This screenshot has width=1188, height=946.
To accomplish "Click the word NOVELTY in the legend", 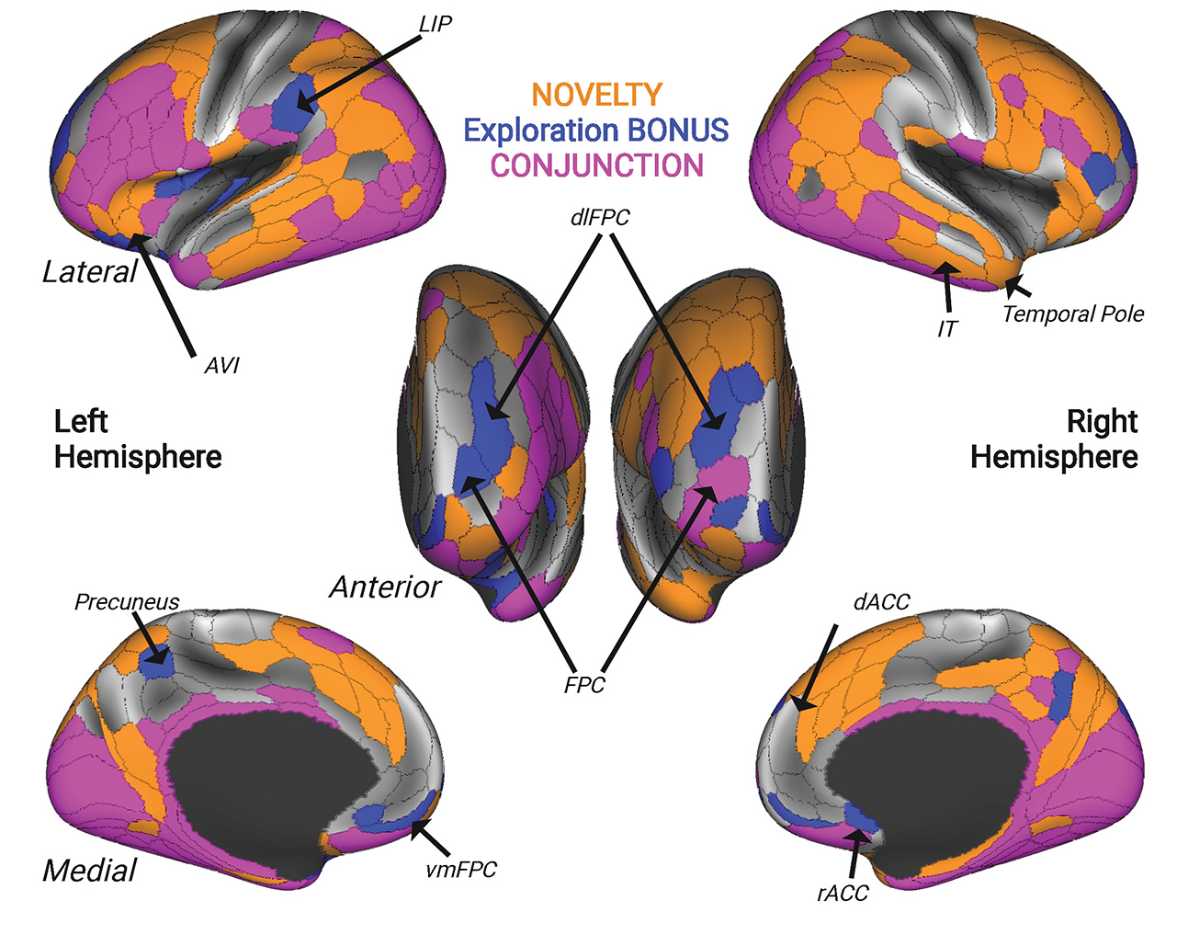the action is click(596, 95).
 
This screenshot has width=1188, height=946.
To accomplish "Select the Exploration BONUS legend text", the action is click(596, 130).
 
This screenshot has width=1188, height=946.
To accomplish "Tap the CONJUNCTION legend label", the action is click(596, 165).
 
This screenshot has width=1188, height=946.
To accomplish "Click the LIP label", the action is click(435, 24).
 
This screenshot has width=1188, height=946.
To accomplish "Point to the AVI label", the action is click(221, 366).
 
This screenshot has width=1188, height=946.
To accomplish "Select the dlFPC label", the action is click(599, 218).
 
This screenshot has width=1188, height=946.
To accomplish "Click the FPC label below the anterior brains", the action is click(584, 685).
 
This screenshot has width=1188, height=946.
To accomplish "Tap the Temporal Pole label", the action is click(1073, 314).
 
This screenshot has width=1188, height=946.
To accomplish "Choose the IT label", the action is click(947, 328).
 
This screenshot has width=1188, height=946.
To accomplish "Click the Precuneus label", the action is click(127, 602).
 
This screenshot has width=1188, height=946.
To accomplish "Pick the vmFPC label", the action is click(461, 870).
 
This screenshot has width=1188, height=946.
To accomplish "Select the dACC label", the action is click(881, 602).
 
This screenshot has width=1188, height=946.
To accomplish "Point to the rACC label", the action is click(843, 894).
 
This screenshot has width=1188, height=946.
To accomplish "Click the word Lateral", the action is click(89, 272).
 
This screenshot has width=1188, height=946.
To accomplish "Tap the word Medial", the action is click(89, 871).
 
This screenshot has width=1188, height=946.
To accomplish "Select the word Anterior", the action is click(385, 587).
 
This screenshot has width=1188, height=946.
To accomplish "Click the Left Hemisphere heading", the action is click(138, 439).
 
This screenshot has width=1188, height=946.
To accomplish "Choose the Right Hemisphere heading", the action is click(1054, 439).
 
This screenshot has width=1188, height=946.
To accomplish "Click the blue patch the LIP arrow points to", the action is click(293, 104).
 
